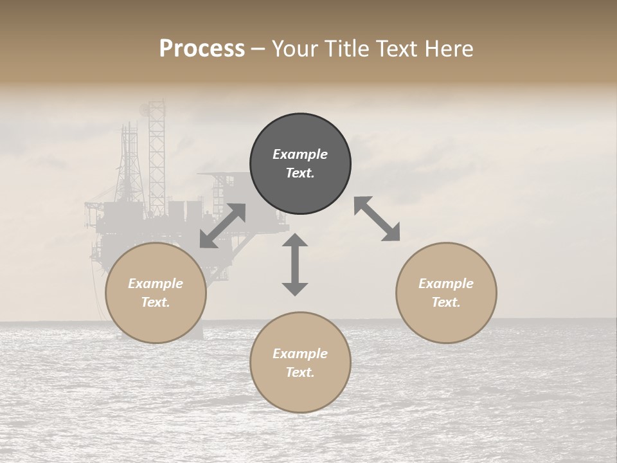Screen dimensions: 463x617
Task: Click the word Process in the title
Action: pos(202,49)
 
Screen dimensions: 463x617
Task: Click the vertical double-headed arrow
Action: pos(295,265)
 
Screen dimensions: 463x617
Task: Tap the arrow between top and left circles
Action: pos(222,226)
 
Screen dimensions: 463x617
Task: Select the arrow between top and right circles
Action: pos(377,219)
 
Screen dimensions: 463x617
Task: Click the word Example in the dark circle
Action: pos(300,154)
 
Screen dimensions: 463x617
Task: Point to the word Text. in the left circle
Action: pos(156,302)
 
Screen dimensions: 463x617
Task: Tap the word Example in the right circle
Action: pos(446,284)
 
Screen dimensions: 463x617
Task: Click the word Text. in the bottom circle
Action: pos(300,372)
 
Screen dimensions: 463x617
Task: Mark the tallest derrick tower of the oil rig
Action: pos(156,154)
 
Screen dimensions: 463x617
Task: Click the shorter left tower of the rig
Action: pos(129,161)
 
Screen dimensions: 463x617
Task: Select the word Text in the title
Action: pos(395,49)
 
